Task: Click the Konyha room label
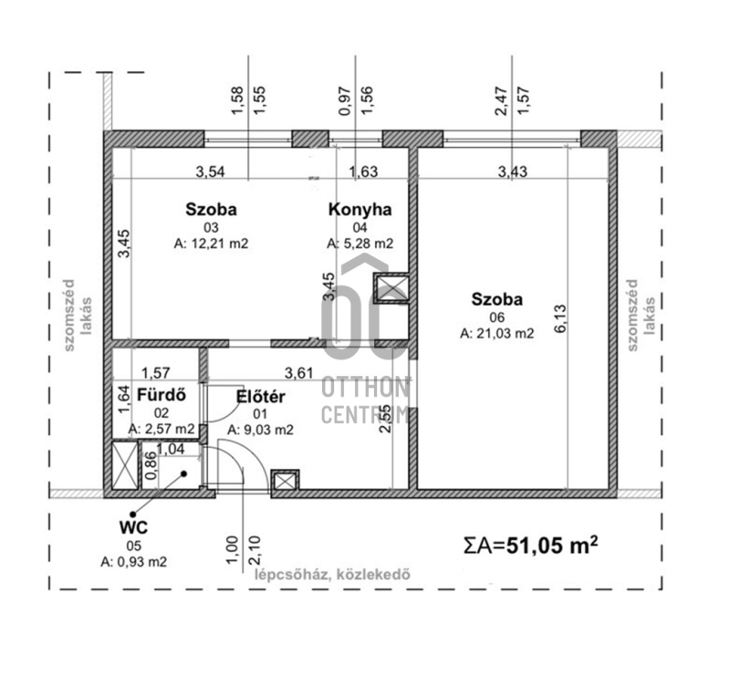point(360,210)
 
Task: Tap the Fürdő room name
point(162,395)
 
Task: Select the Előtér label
point(260,397)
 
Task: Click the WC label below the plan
point(133,527)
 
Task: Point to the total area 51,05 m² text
point(531,546)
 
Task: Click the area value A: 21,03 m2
point(496,333)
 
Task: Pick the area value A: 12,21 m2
point(211,244)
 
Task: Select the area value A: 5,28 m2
point(360,244)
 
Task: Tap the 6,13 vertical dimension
point(559,318)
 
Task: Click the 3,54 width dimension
point(210,172)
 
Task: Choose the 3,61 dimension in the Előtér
point(298,373)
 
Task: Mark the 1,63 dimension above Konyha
point(363,172)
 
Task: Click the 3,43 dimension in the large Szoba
point(513,172)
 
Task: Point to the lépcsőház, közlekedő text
point(332,575)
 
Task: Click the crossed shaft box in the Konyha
point(391,287)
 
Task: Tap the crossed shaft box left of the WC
point(125,464)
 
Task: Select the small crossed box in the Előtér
point(285,481)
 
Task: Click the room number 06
point(496,317)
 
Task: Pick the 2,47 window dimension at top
point(501,101)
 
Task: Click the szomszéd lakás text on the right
point(641,315)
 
